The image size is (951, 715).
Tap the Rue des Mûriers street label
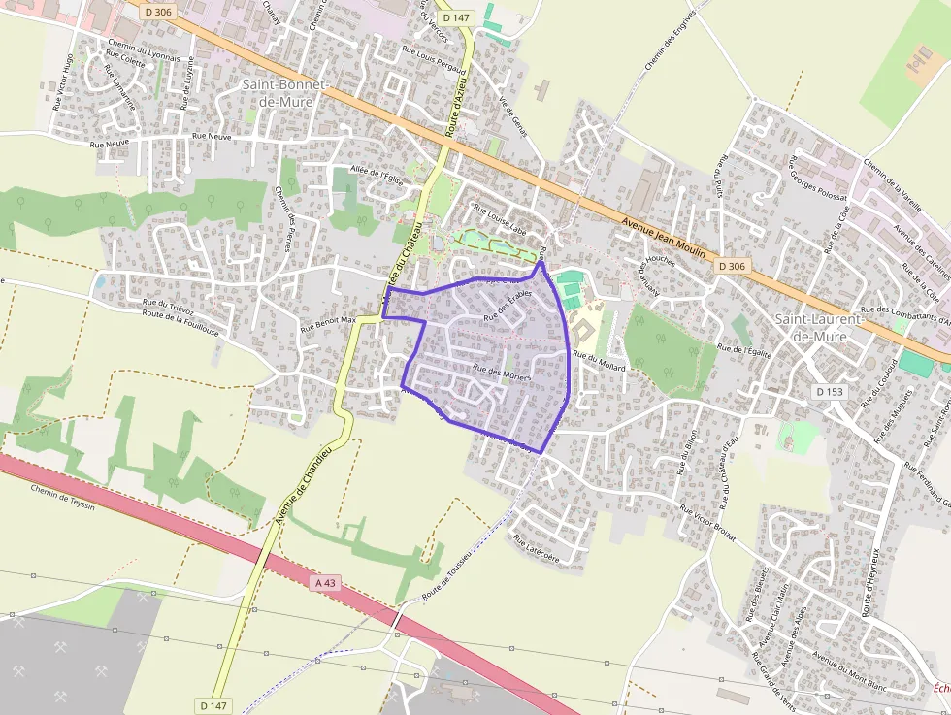502,372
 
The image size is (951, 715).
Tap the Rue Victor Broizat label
707,523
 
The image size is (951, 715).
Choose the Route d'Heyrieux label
869,582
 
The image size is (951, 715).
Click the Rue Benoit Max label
328,323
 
